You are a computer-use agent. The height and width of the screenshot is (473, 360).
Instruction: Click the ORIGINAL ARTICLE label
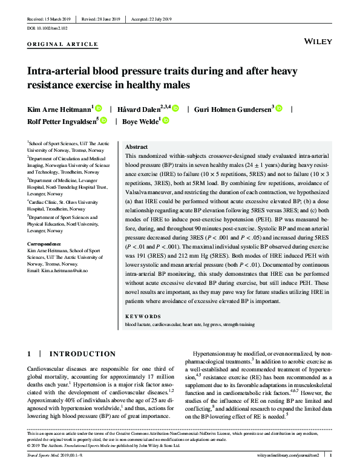(63, 45)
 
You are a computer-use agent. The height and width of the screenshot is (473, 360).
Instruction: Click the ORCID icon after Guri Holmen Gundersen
(279, 108)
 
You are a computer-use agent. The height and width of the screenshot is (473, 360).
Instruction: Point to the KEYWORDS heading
(143, 316)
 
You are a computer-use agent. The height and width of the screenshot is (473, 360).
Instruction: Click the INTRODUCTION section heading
(82, 354)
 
